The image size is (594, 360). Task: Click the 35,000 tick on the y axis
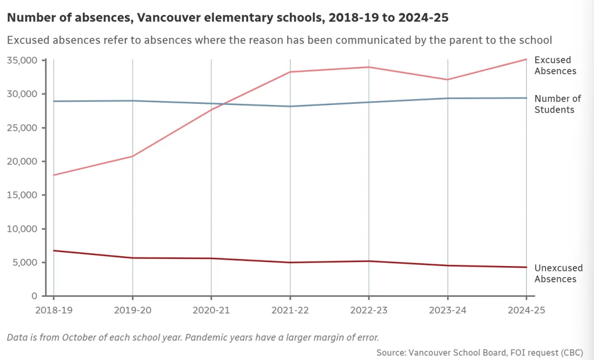click(21, 60)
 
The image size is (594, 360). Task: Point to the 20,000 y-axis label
click(21, 161)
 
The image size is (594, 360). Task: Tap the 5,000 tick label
click(24, 262)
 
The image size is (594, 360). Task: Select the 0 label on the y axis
click(34, 296)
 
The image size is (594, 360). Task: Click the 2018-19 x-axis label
click(53, 310)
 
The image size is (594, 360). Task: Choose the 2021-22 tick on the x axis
click(290, 310)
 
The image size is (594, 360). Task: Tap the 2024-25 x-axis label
click(526, 310)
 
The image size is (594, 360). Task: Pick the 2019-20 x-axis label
click(132, 310)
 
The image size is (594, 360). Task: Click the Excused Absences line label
click(555, 65)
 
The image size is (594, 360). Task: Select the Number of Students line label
click(557, 104)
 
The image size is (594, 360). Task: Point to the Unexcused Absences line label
click(558, 273)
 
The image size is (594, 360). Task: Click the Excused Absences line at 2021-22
click(290, 72)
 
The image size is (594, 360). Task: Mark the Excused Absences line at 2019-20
click(132, 156)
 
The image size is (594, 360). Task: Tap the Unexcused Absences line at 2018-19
click(53, 251)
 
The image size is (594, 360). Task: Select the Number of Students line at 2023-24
click(448, 98)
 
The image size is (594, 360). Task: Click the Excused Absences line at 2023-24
click(448, 80)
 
